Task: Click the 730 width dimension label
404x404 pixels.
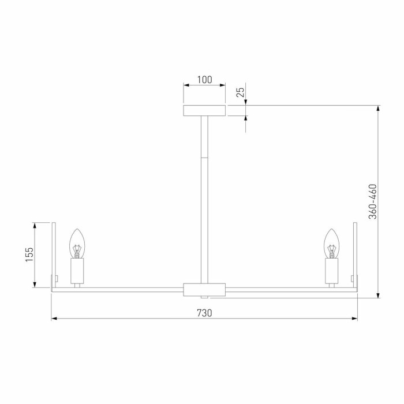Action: click(x=204, y=313)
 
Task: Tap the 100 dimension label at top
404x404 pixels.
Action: click(x=204, y=80)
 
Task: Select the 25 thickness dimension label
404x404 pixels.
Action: click(x=241, y=91)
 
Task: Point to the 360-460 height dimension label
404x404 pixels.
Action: click(x=373, y=201)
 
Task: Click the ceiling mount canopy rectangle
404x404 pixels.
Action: click(x=204, y=111)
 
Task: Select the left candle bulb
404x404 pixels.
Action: click(x=77, y=244)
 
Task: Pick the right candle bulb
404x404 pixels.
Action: click(x=331, y=244)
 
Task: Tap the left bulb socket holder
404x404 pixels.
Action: click(x=77, y=270)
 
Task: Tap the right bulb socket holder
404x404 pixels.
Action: click(x=331, y=270)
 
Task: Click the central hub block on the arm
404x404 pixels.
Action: click(x=204, y=289)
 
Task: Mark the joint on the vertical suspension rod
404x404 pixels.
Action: click(x=204, y=157)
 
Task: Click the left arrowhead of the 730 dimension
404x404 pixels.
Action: click(x=54, y=318)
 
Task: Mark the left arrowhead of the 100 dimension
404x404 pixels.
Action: click(x=186, y=85)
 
